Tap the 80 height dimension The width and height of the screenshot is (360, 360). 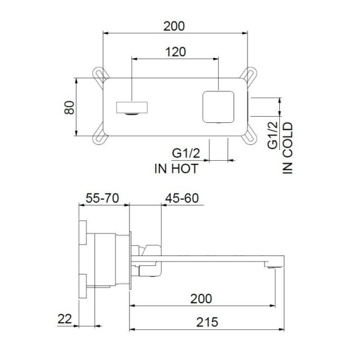point(68,108)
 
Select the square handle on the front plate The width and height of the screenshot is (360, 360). point(218,105)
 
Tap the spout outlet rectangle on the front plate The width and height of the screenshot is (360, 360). point(131,108)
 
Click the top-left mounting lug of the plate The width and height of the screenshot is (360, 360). point(100,76)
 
